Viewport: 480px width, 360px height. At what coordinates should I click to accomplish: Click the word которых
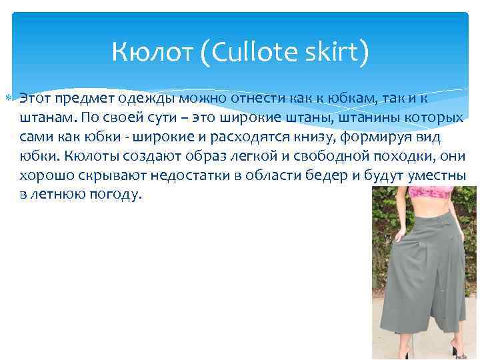[x=435, y=118]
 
